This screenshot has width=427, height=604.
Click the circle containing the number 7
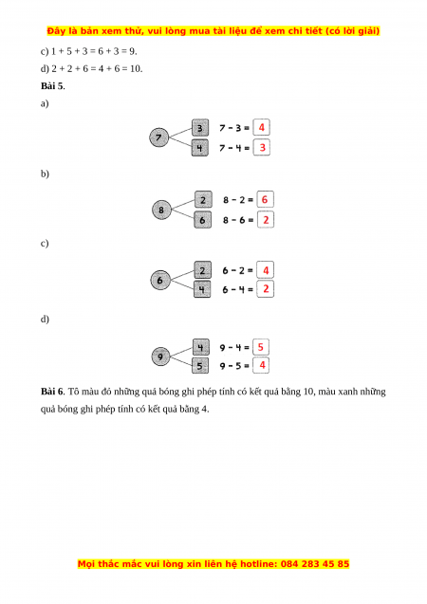point(158,137)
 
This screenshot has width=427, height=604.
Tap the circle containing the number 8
point(161,210)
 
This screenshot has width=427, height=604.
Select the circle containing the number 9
point(160,357)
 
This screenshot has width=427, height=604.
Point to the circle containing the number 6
point(160,280)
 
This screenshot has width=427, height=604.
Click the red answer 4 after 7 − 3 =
point(262,127)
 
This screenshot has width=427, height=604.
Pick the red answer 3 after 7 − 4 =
point(263,148)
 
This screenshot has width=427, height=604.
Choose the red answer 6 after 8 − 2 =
point(265,199)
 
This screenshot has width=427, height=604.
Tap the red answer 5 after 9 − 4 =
point(261,347)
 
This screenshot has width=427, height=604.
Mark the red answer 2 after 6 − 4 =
point(266,289)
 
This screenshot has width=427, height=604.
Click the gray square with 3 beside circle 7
point(200,128)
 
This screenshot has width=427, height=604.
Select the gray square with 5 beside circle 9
point(200,366)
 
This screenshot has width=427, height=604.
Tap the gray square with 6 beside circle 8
point(203,220)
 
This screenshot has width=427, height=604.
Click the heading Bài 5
point(53,86)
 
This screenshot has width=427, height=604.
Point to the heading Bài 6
point(53,392)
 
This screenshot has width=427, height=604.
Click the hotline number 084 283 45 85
point(315,564)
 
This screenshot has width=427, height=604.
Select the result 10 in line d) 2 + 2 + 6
point(136,68)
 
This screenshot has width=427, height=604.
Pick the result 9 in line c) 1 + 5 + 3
point(133,51)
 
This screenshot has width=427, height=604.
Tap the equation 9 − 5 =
point(234,366)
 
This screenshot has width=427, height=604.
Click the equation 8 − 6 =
point(238,220)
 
